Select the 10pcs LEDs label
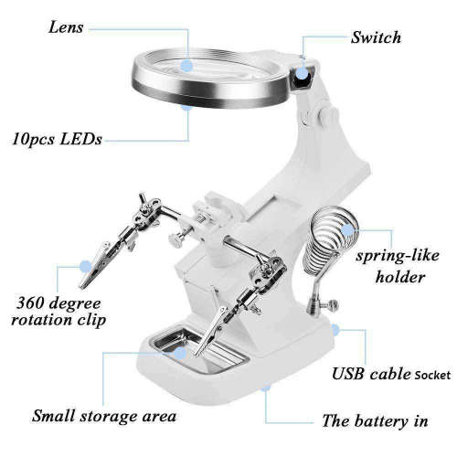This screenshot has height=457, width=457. pos(57,139)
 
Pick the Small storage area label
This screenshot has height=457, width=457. pos(103,417)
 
